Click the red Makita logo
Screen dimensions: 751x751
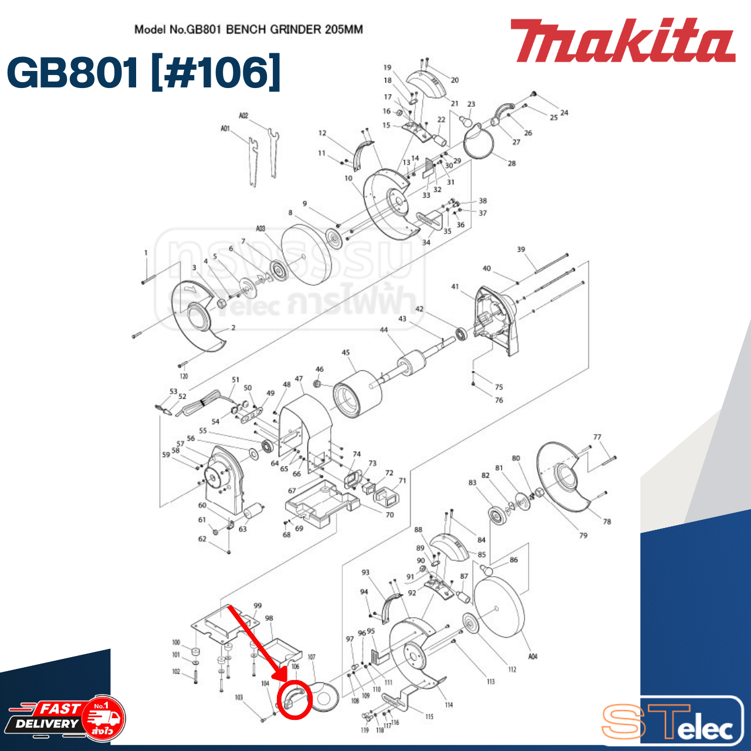pyautogui.click(x=622, y=41)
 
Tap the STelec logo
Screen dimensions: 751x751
pyautogui.click(x=672, y=722)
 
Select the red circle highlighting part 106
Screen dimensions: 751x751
pyautogui.click(x=294, y=700)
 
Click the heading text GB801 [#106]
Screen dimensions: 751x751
pyautogui.click(x=144, y=73)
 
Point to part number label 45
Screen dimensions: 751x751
pyautogui.click(x=346, y=353)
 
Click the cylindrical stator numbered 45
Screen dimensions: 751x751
pyautogui.click(x=357, y=394)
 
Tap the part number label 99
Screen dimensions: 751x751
pyautogui.click(x=258, y=605)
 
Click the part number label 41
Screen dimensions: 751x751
pyautogui.click(x=455, y=286)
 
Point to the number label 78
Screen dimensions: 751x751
pyautogui.click(x=607, y=521)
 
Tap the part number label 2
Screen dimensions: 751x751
pyautogui.click(x=233, y=327)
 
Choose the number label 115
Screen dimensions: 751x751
pyautogui.click(x=429, y=716)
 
